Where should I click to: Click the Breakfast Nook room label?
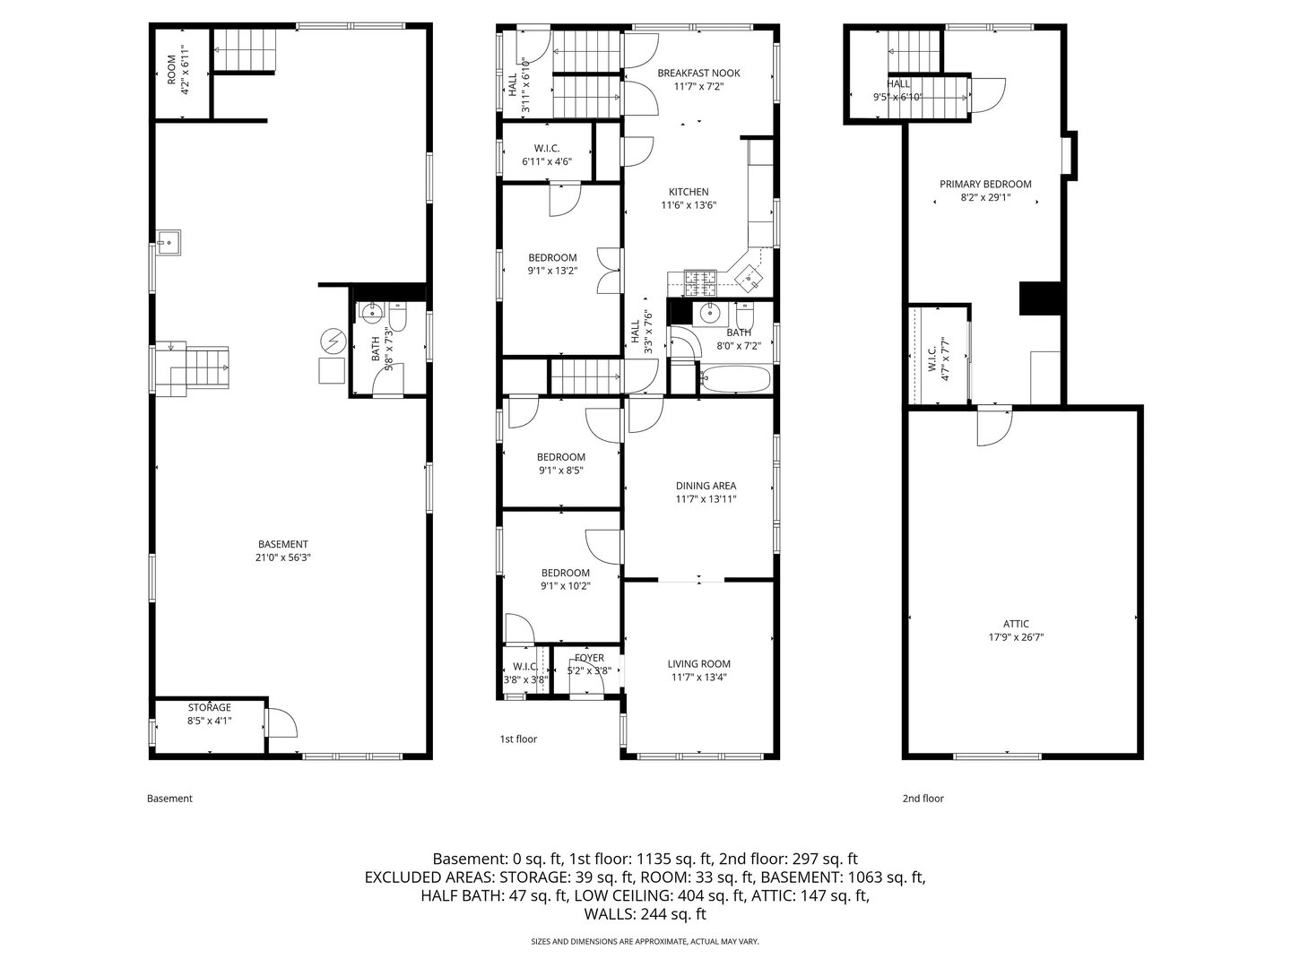click(698, 73)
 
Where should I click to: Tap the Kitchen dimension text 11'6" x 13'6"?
click(689, 205)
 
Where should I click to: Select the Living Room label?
click(698, 664)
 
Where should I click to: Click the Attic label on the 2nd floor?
click(1016, 624)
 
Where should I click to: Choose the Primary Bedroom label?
click(985, 184)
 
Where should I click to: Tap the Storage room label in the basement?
click(209, 707)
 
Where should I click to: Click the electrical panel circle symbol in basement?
click(332, 341)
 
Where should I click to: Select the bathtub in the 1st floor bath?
click(735, 380)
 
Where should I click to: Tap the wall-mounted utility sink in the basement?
click(168, 242)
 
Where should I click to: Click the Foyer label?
click(589, 658)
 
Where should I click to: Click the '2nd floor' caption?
click(923, 799)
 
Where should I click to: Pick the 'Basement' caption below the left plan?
click(169, 799)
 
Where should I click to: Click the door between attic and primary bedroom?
click(993, 426)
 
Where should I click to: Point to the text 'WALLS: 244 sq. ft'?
click(645, 915)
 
